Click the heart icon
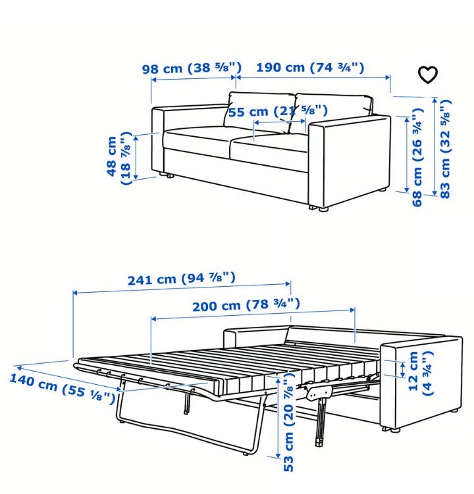point(428,75)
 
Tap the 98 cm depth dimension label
point(192,67)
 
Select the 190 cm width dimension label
point(310,67)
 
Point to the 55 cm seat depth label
point(278,111)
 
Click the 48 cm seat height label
point(119,158)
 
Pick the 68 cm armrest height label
point(417,157)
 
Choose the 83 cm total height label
point(445,149)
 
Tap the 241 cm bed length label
point(181,278)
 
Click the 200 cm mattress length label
point(246,305)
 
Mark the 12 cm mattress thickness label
point(421,373)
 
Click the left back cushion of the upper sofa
point(259,113)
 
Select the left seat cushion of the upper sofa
point(197,142)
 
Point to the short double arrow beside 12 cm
point(402,370)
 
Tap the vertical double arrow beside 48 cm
point(136,157)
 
